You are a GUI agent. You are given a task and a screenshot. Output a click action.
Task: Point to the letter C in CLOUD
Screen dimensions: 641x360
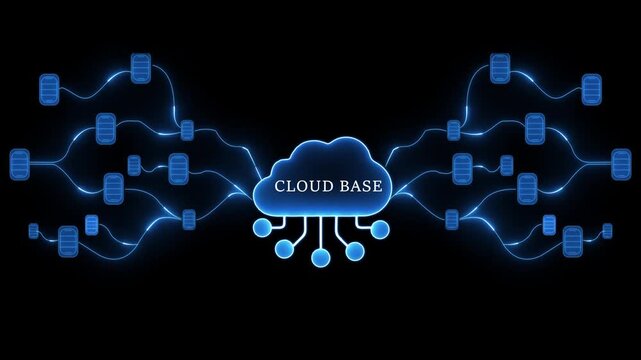pyautogui.click(x=279, y=186)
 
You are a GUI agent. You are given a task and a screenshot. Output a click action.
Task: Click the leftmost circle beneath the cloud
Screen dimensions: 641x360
pyautogui.click(x=262, y=229)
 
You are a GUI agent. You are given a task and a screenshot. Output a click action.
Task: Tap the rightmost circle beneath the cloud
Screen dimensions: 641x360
pyautogui.click(x=379, y=229)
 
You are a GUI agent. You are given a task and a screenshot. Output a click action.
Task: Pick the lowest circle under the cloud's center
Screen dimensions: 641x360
pyautogui.click(x=320, y=258)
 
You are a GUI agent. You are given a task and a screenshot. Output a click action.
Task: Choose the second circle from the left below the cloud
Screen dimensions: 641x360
pyautogui.click(x=286, y=251)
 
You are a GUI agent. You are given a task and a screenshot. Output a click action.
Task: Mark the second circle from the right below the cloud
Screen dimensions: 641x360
pyautogui.click(x=355, y=251)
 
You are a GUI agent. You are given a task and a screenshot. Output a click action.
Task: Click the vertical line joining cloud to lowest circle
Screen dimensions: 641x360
pyautogui.click(x=320, y=232)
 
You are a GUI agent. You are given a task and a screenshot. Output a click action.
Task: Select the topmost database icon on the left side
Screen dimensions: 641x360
pyautogui.click(x=140, y=68)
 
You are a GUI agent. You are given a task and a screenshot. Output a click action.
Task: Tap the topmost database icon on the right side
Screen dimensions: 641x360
pyautogui.click(x=500, y=68)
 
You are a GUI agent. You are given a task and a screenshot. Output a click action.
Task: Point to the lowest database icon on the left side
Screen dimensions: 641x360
pyautogui.click(x=68, y=240)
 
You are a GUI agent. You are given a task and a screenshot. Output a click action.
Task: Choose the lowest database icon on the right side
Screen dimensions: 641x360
pyautogui.click(x=572, y=240)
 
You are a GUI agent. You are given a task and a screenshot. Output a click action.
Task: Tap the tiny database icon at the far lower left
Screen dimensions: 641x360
pyautogui.click(x=33, y=231)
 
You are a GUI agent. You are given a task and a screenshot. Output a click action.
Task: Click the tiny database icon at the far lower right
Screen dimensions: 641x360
pyautogui.click(x=607, y=231)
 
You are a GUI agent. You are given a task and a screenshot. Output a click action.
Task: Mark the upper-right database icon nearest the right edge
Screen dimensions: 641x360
pyautogui.click(x=592, y=90)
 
